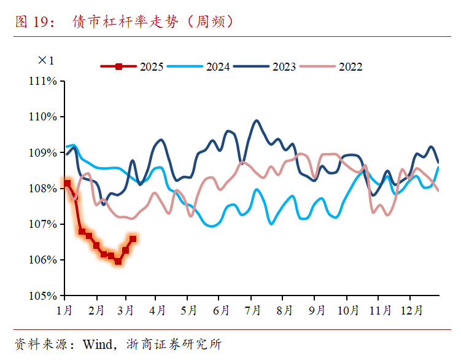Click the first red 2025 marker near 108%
67,183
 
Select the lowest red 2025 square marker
118,261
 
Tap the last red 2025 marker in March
133,238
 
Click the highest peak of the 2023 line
257,120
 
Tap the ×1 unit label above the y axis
46,60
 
